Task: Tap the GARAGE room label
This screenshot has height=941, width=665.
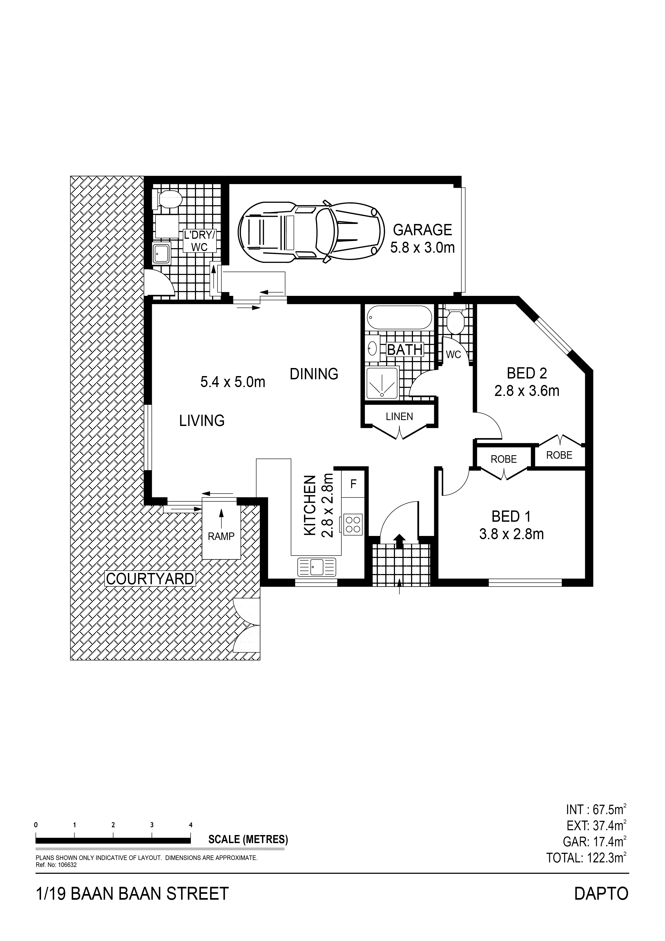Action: tap(422, 230)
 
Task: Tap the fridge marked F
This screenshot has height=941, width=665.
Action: tap(353, 484)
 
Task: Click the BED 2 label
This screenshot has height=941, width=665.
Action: tap(527, 373)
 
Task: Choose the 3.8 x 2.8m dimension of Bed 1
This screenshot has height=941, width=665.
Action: tap(511, 534)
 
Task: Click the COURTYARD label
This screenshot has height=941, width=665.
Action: tap(150, 579)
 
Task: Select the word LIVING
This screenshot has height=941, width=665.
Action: tap(202, 421)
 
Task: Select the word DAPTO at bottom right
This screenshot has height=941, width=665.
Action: tap(601, 905)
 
